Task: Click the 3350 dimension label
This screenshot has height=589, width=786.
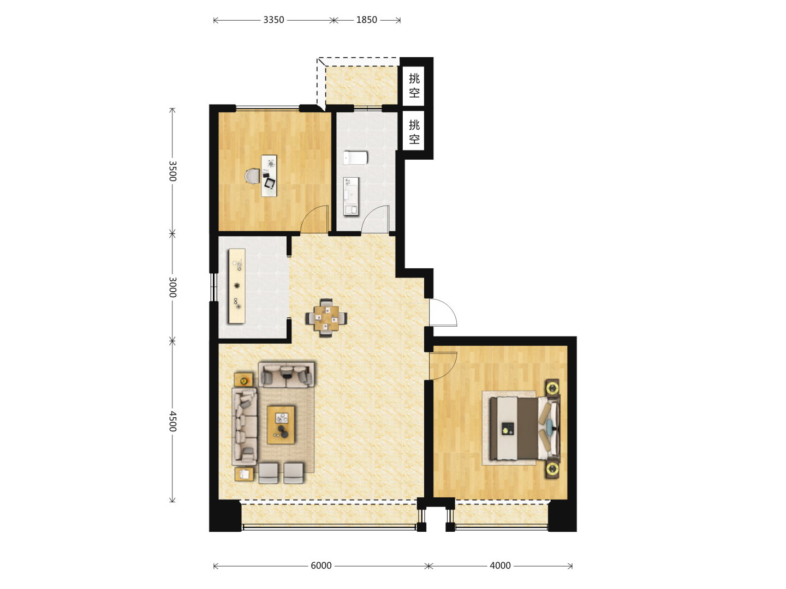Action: coord(273,20)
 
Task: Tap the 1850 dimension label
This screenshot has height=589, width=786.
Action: coord(366,20)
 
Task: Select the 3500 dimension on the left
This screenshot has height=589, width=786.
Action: coord(172,171)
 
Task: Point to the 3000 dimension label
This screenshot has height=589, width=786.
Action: coord(172,287)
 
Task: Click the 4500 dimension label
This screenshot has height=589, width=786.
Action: coord(172,421)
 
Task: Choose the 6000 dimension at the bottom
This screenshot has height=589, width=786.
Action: coord(321,566)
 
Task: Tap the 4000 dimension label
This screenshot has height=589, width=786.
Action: coord(500,566)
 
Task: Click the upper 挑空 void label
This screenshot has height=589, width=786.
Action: coord(414,86)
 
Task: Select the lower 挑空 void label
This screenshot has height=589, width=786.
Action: coord(414,132)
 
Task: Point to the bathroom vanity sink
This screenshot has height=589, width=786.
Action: coord(351,196)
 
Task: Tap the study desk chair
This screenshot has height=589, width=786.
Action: coord(253,176)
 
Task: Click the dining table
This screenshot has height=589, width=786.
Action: coord(326,318)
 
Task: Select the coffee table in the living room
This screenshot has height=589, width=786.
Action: coord(281,425)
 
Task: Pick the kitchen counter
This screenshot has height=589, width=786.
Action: coord(237,286)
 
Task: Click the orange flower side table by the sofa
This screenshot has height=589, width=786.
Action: coord(243,380)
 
